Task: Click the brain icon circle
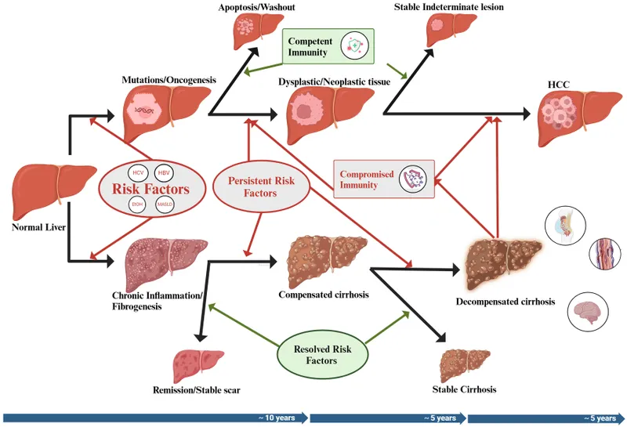589,311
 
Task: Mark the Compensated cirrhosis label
324,295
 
